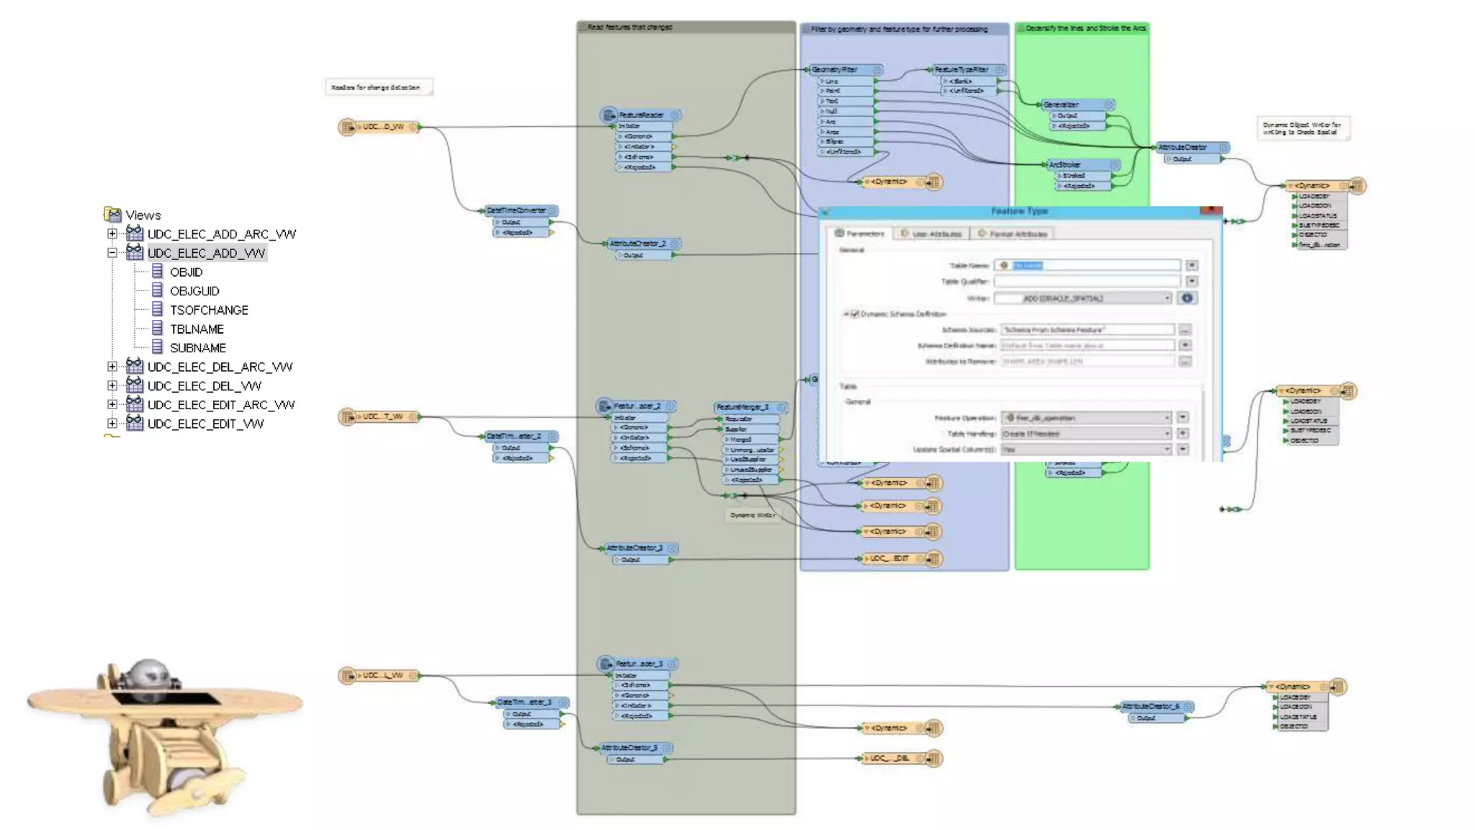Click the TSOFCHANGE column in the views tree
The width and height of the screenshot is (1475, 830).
click(209, 310)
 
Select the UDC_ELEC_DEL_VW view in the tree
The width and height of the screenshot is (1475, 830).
click(204, 386)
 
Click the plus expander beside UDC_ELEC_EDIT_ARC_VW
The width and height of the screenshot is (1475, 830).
click(112, 405)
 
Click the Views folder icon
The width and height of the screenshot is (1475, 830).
click(113, 215)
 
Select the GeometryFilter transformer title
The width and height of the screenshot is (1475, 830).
click(835, 70)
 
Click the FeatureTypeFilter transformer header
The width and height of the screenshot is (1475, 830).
click(961, 70)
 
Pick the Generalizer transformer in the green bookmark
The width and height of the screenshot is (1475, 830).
click(1062, 104)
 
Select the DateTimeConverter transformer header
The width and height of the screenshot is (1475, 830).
click(516, 211)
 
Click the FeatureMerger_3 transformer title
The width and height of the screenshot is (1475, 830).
click(743, 407)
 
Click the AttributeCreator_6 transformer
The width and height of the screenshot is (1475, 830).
click(1150, 706)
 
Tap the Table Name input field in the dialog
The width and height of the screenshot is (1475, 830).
click(1088, 266)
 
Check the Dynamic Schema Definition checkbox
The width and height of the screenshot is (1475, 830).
click(855, 314)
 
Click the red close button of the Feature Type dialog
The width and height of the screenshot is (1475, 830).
click(1211, 211)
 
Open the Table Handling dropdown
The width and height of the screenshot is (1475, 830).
click(1085, 434)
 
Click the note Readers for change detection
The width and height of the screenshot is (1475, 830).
click(377, 88)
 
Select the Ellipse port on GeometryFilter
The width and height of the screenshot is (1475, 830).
click(835, 142)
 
